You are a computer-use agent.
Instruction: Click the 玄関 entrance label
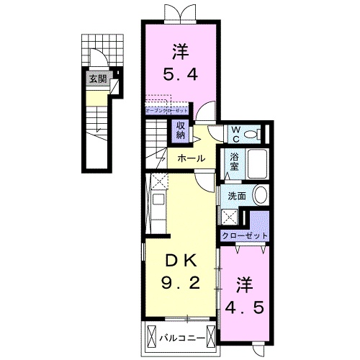coord(96,79)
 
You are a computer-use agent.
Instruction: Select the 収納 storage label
coord(179,130)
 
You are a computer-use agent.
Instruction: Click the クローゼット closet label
coord(245,236)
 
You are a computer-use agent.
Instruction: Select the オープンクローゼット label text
coord(166,111)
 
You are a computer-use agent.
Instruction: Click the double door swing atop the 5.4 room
coord(179,12)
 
